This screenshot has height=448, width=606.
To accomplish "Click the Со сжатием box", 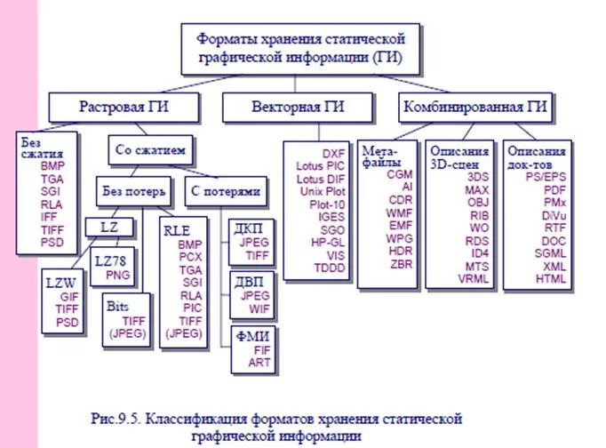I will (150, 148).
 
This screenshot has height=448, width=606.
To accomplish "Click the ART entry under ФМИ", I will (259, 363).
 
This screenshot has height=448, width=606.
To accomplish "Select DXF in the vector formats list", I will (334, 153).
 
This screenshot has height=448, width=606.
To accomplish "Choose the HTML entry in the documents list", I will (551, 277).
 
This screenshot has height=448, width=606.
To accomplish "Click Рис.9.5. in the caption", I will (116, 417).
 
